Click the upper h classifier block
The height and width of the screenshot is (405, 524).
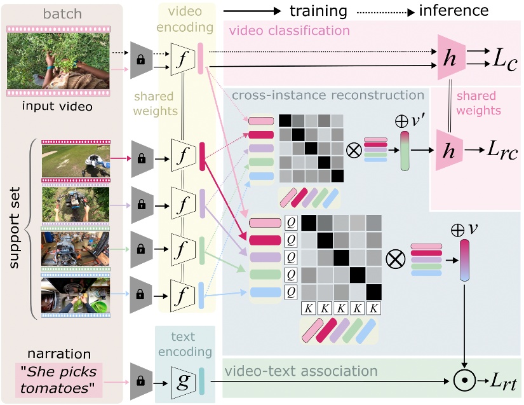[450, 57]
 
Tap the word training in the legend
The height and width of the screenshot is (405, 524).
[318, 11]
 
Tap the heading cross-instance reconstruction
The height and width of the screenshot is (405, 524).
[328, 95]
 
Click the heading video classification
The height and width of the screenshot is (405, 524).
[289, 31]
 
